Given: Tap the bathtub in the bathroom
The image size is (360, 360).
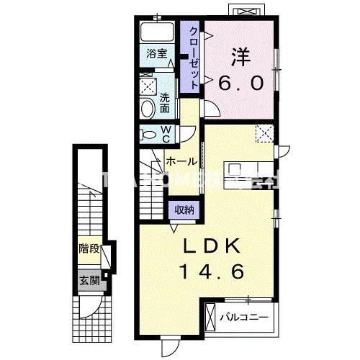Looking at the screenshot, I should (156, 33).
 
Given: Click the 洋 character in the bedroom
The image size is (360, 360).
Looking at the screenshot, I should (240, 55).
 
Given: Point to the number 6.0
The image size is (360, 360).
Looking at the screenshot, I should (240, 83).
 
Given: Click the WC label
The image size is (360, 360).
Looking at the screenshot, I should (166, 134).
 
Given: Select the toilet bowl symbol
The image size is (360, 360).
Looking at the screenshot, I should (148, 135).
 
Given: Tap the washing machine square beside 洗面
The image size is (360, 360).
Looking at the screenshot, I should (148, 85).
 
